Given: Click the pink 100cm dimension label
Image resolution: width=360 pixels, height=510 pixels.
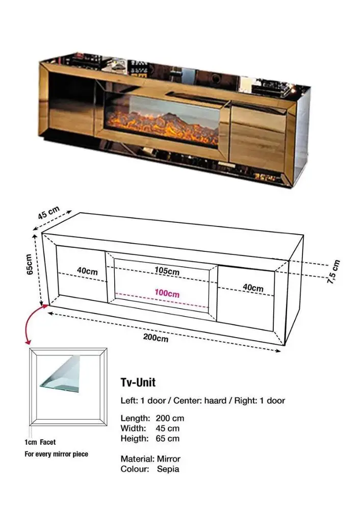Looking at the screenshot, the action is [x=167, y=294].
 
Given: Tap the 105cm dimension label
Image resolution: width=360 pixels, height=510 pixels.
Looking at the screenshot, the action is [x=167, y=271].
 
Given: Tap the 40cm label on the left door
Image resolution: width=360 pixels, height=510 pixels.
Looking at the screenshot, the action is [x=87, y=271].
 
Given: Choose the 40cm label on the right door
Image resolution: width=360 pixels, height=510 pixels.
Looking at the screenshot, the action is [x=253, y=288].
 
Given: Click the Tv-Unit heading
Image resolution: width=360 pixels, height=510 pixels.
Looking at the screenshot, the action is [x=138, y=382].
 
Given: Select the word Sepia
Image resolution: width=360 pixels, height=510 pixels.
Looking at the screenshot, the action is [x=168, y=469].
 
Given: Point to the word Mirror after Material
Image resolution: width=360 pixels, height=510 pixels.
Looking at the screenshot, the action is [x=169, y=458].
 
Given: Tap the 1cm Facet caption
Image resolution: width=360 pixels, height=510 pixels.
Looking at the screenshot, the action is [x=40, y=442].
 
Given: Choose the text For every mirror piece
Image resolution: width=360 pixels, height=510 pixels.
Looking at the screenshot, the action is [x=56, y=454].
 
